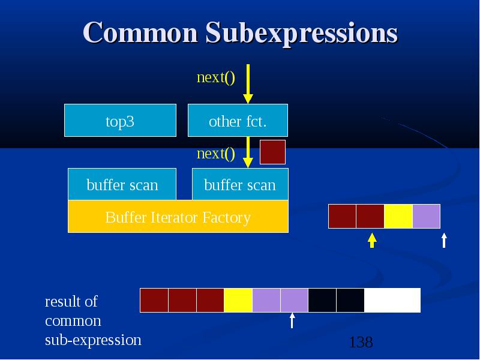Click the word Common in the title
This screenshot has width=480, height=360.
pos(140,32)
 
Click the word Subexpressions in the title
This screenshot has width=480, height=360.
pos(302,34)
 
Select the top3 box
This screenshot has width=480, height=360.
pos(121,121)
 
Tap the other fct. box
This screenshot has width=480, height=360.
pos(238,121)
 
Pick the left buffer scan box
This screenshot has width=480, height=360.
pos(122,184)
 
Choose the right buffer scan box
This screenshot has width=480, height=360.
pos(241,184)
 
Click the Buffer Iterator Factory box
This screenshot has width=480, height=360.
pos(178,217)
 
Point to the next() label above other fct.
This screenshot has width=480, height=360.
pos(216,77)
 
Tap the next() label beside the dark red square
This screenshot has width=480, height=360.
pos(216,154)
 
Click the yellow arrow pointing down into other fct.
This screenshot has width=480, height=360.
pos(248,84)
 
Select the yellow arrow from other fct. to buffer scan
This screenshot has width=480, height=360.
pos(248,152)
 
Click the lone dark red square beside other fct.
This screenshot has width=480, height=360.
pos(273,152)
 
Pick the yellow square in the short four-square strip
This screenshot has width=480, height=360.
pos(398,216)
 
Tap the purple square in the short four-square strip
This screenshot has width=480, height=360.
pos(427,216)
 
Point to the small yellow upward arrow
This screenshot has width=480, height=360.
pos(372,241)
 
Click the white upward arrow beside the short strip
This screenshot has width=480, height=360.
pos(444,241)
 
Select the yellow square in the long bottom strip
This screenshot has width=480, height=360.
pos(238,300)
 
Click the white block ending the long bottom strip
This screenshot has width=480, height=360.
pos(392,300)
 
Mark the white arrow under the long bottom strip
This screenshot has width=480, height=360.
pos(292,320)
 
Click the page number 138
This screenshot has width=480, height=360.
pos(361,342)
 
